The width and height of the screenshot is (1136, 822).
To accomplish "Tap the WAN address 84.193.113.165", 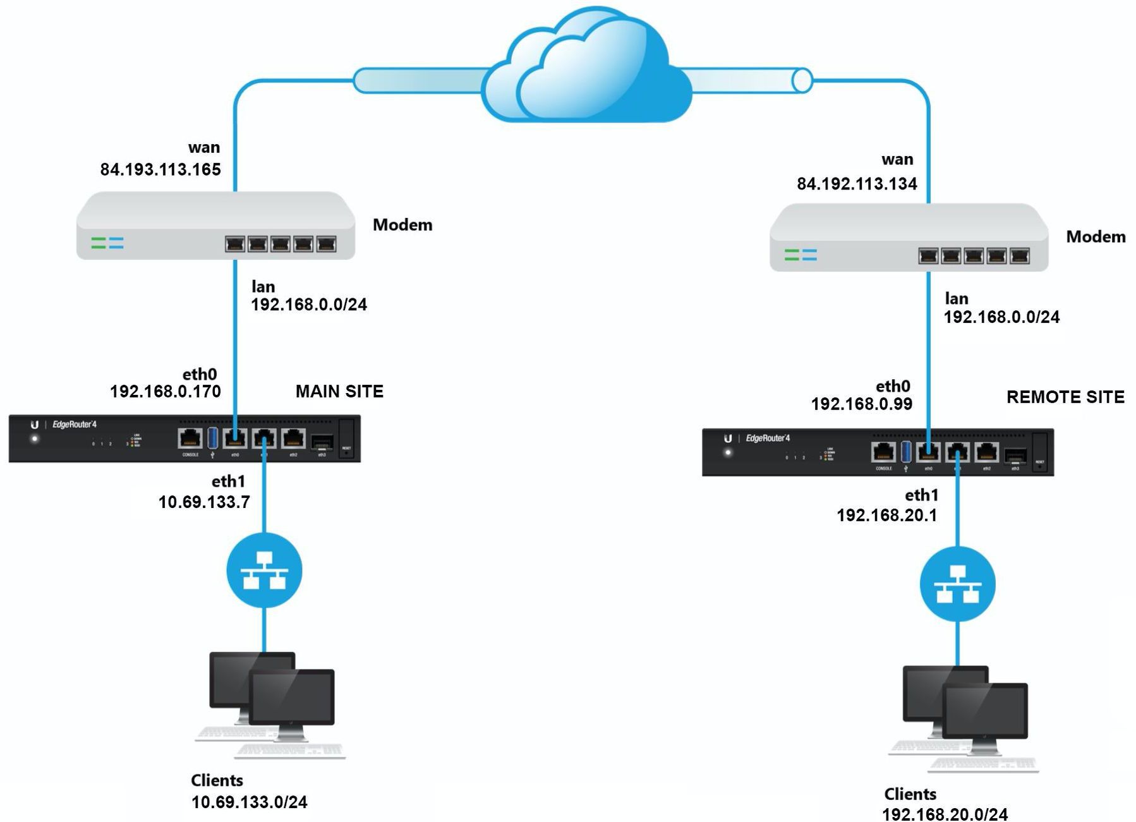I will click(160, 169).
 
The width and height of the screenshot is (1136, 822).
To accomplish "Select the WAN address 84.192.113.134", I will click(857, 184).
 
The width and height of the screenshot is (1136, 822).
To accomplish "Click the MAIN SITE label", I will click(339, 392).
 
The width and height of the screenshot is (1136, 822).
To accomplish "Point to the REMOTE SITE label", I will click(1065, 397).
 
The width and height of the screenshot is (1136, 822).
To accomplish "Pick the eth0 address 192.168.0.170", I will click(166, 392).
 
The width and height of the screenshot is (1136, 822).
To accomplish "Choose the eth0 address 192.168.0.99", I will click(862, 404).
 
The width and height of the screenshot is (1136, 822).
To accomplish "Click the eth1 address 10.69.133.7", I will click(204, 502).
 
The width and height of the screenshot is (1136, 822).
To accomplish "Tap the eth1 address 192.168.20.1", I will click(886, 516).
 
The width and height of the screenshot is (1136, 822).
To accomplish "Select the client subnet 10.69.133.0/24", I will click(249, 802).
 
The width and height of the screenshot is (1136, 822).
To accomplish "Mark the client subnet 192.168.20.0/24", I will click(945, 814).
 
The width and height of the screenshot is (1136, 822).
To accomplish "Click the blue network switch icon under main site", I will click(264, 571).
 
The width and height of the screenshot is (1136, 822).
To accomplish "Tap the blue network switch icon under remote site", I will click(958, 584).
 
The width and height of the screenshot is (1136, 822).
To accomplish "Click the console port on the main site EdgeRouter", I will click(190, 438).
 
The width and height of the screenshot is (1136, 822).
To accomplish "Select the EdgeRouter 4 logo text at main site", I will click(75, 425).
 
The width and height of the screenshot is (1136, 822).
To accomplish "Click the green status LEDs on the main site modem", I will click(99, 243).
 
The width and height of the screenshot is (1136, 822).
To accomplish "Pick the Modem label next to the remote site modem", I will click(1096, 237).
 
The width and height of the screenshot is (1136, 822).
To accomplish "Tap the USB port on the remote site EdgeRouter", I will click(906, 452).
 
